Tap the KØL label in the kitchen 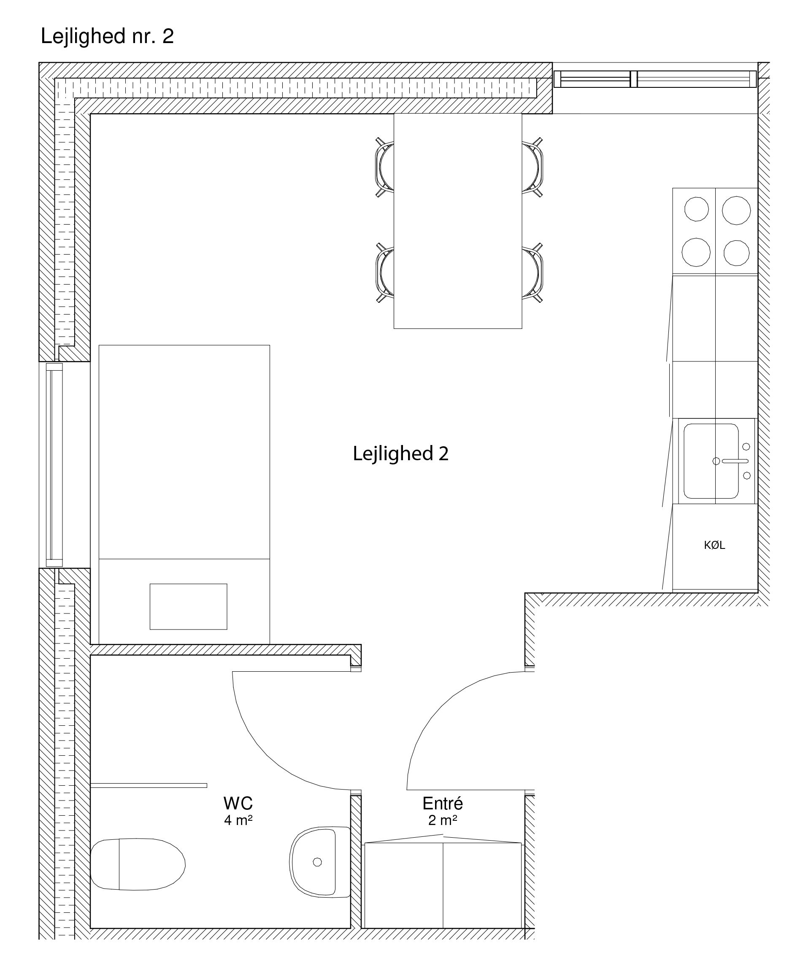(x=714, y=545)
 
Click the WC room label (x=238, y=803)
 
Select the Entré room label (x=443, y=803)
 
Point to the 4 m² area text (x=238, y=820)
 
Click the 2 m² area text (x=443, y=820)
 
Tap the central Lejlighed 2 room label (x=400, y=454)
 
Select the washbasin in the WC (x=320, y=862)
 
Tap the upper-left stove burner (x=696, y=209)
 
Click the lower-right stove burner (x=736, y=253)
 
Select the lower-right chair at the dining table (x=533, y=273)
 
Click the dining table (x=458, y=221)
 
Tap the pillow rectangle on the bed (x=188, y=606)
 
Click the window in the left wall (x=54, y=465)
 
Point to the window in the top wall (x=655, y=79)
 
